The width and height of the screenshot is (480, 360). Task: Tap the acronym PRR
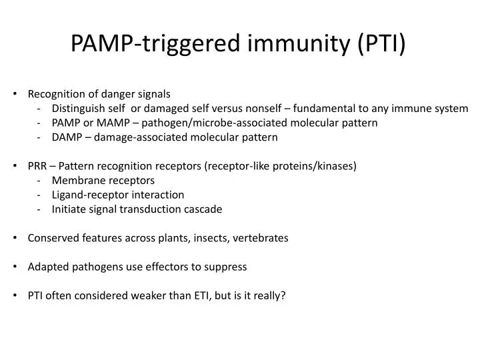tap(38, 166)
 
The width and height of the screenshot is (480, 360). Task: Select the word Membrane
tap(76, 180)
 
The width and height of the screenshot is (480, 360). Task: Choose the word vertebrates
tap(263, 238)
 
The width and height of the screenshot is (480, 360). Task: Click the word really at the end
tap(268, 295)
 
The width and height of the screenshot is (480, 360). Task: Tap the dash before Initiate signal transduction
tap(41, 209)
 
